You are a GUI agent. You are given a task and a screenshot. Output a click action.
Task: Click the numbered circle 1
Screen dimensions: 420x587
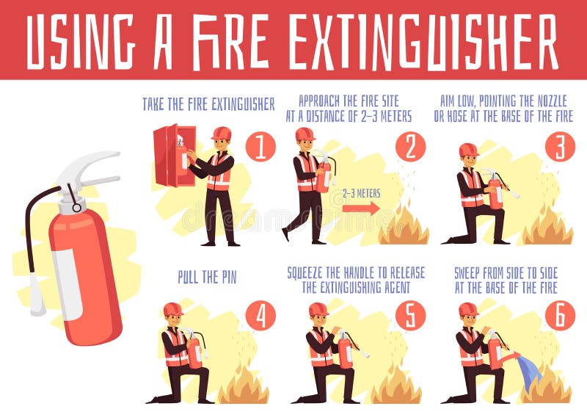coord(260,146)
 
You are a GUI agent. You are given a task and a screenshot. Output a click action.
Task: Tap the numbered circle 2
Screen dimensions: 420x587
coord(410,146)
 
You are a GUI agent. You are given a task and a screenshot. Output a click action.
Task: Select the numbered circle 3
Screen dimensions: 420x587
coord(560,146)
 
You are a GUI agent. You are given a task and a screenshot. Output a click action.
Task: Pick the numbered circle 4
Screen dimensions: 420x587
coord(260,316)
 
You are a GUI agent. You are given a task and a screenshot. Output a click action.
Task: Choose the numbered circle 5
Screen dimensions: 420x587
coord(410,316)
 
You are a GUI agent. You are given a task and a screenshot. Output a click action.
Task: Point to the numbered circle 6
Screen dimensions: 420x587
coord(560,316)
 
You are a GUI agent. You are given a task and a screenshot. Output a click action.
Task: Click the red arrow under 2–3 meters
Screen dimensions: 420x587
coord(361,209)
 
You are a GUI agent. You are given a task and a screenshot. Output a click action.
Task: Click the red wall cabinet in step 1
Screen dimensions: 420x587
coord(175,156)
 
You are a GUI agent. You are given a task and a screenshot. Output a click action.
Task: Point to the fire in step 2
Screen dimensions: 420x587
coord(404,226)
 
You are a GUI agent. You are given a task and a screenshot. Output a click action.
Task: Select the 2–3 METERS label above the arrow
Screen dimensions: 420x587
coord(360,193)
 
